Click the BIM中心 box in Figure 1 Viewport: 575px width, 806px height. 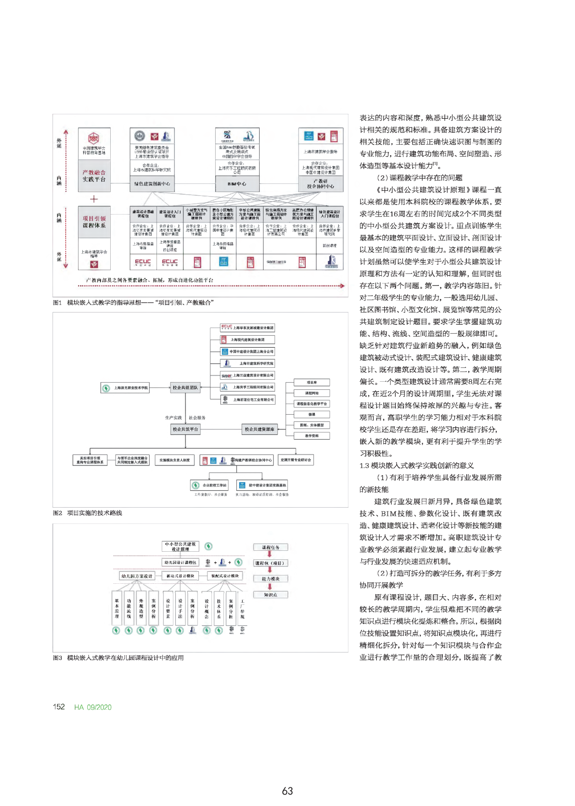coord(237,184)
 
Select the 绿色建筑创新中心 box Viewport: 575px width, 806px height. coord(152,184)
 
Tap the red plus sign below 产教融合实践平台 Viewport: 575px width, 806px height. coord(94,199)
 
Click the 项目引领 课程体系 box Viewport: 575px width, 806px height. coord(94,222)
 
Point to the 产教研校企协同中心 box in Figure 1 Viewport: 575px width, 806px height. coord(321,184)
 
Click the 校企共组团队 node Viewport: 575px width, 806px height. coord(185,387)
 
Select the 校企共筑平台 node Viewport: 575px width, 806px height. coord(185,429)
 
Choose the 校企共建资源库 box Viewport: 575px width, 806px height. coord(260,429)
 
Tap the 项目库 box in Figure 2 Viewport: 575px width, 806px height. coord(312,383)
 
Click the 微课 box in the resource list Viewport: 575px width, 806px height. coord(312,414)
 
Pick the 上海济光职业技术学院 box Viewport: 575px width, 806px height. coord(125,387)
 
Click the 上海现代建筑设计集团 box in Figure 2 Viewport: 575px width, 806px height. coord(247,340)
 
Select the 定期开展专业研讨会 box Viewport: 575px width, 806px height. coord(296,460)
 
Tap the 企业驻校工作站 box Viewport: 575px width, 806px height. coord(209,485)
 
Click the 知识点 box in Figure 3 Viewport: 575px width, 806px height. coord(271,595)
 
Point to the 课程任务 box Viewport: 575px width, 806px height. coord(271,547)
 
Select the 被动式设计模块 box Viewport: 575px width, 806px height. coord(180,576)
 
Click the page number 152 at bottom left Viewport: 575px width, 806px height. coord(59,707)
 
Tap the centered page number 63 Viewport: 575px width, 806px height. coord(287,791)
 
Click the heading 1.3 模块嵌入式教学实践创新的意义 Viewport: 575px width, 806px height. coord(417,465)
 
